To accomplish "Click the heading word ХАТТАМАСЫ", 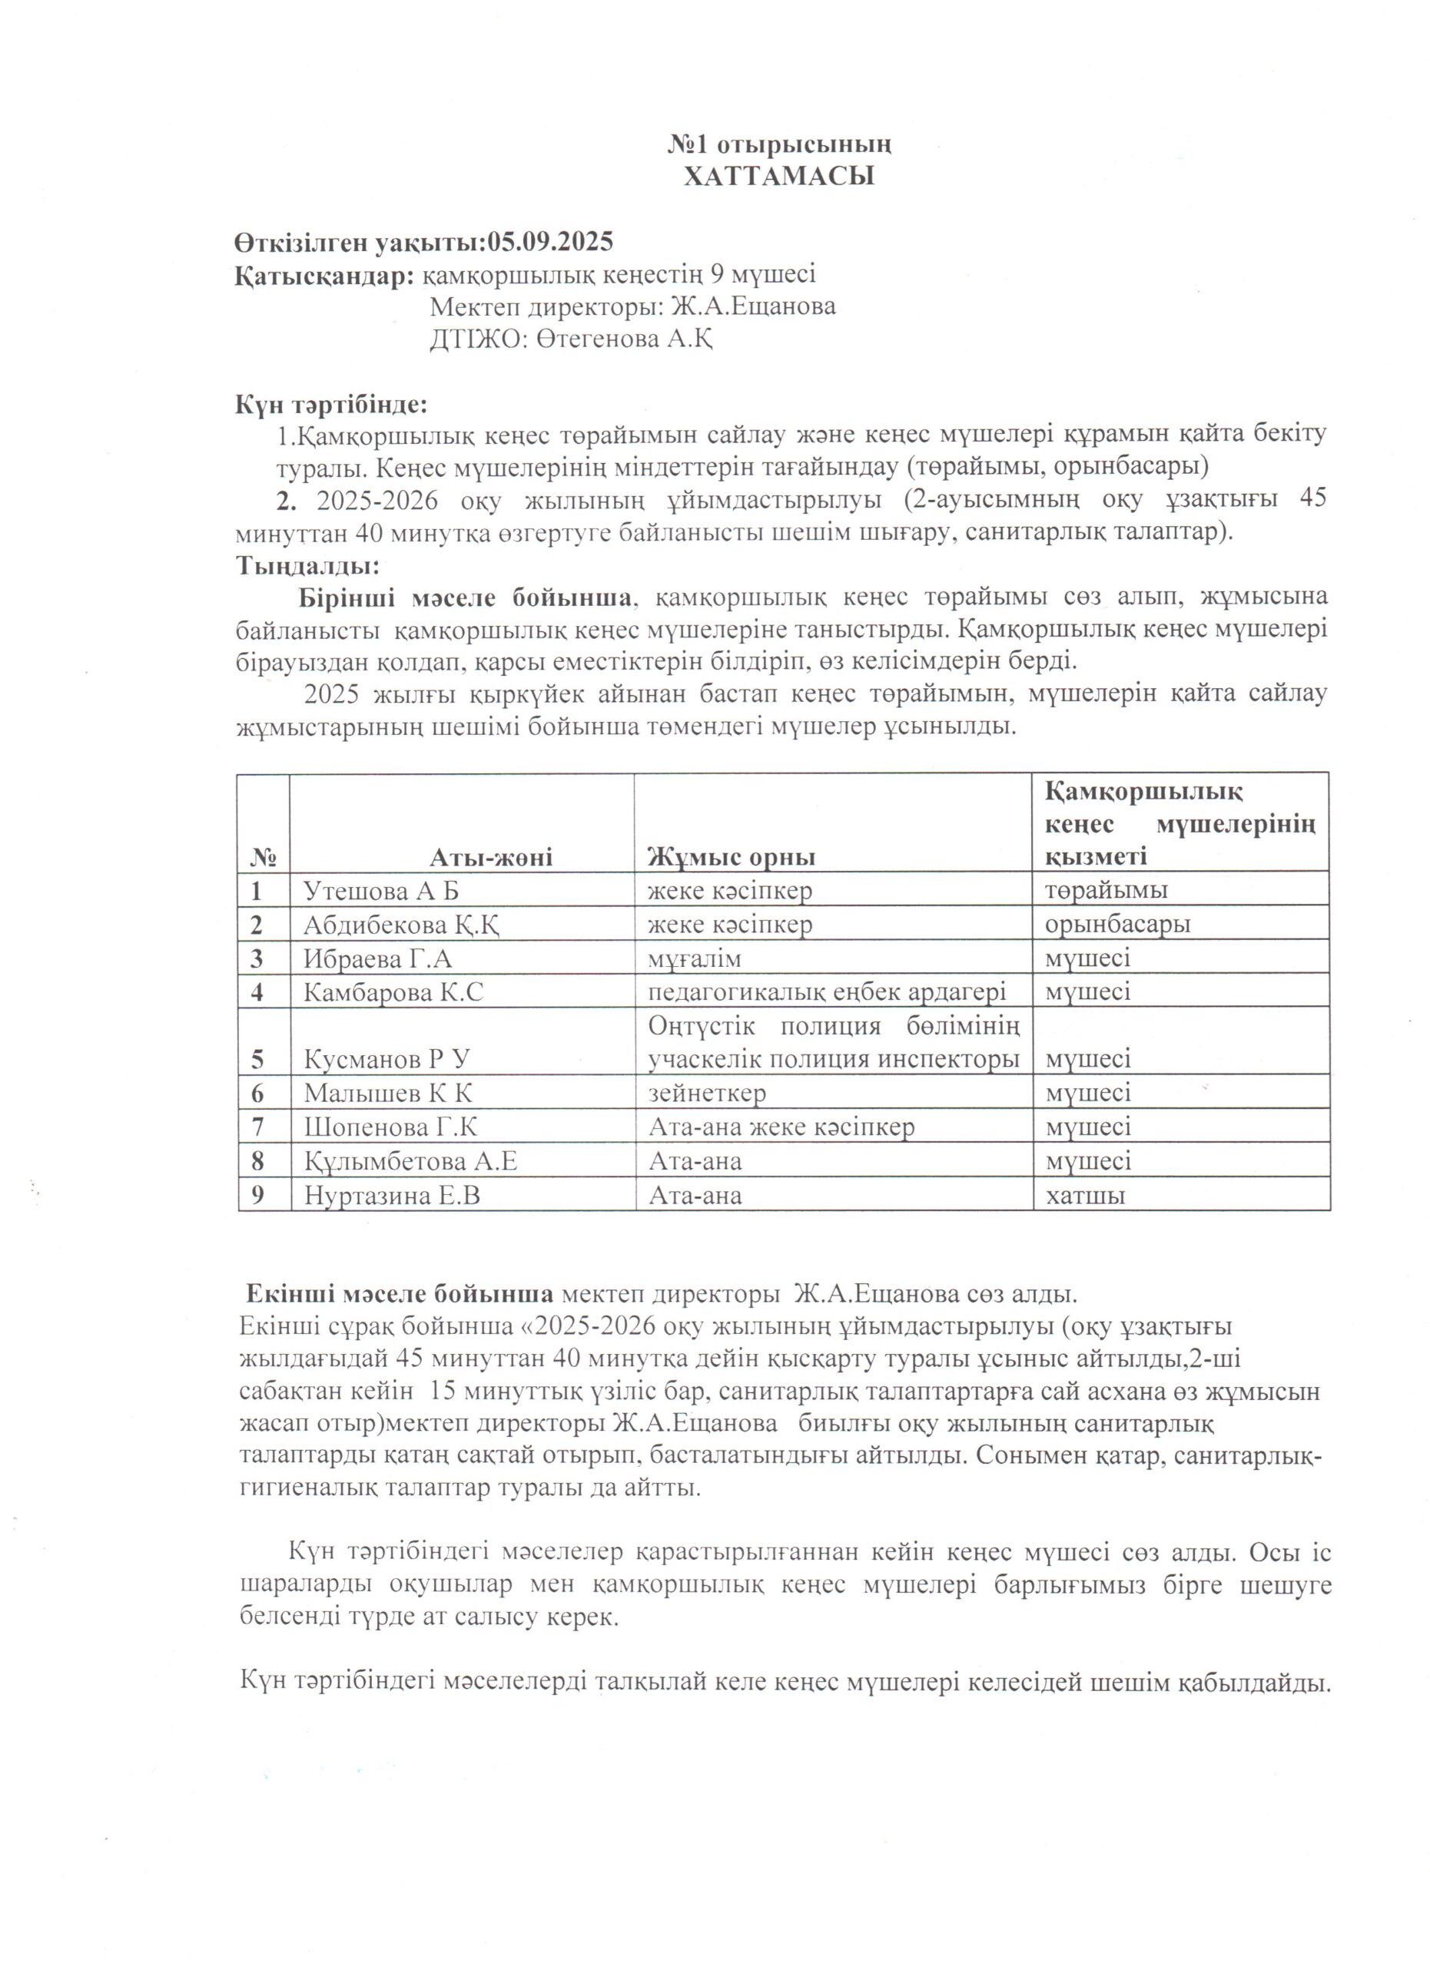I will pyautogui.click(x=778, y=177).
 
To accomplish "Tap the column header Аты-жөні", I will pyautogui.click(x=491, y=857).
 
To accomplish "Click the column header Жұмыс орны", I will pyautogui.click(x=732, y=857).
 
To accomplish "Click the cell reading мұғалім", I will pyautogui.click(x=695, y=958).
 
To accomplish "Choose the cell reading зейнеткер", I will pyautogui.click(x=707, y=1093).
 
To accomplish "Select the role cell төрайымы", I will pyautogui.click(x=1106, y=890).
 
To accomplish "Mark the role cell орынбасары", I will pyautogui.click(x=1117, y=924).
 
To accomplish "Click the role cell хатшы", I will pyautogui.click(x=1085, y=1196).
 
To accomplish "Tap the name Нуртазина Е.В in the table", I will pyautogui.click(x=392, y=1196).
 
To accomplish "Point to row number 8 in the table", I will pyautogui.click(x=257, y=1162).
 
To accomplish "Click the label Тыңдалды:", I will pyautogui.click(x=307, y=566).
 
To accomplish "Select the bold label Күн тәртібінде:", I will pyautogui.click(x=331, y=404).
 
